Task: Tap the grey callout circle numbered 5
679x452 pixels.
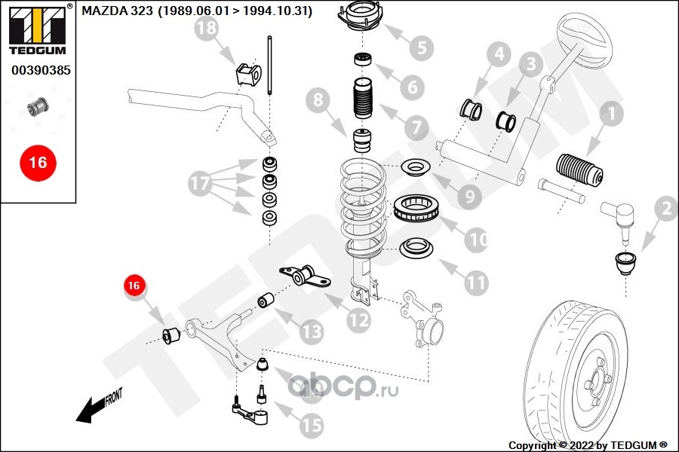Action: pyautogui.click(x=421, y=49)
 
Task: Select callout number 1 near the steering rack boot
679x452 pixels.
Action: pyautogui.click(x=610, y=115)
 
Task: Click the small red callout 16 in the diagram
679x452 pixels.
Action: pyautogui.click(x=134, y=286)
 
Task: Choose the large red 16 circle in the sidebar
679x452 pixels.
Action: pyautogui.click(x=37, y=162)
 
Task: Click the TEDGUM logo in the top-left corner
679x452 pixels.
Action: pyautogui.click(x=37, y=30)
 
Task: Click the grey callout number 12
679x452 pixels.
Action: pyautogui.click(x=358, y=320)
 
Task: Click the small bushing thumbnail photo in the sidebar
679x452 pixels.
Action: pyautogui.click(x=37, y=106)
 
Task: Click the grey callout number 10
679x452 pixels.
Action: pyautogui.click(x=475, y=240)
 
